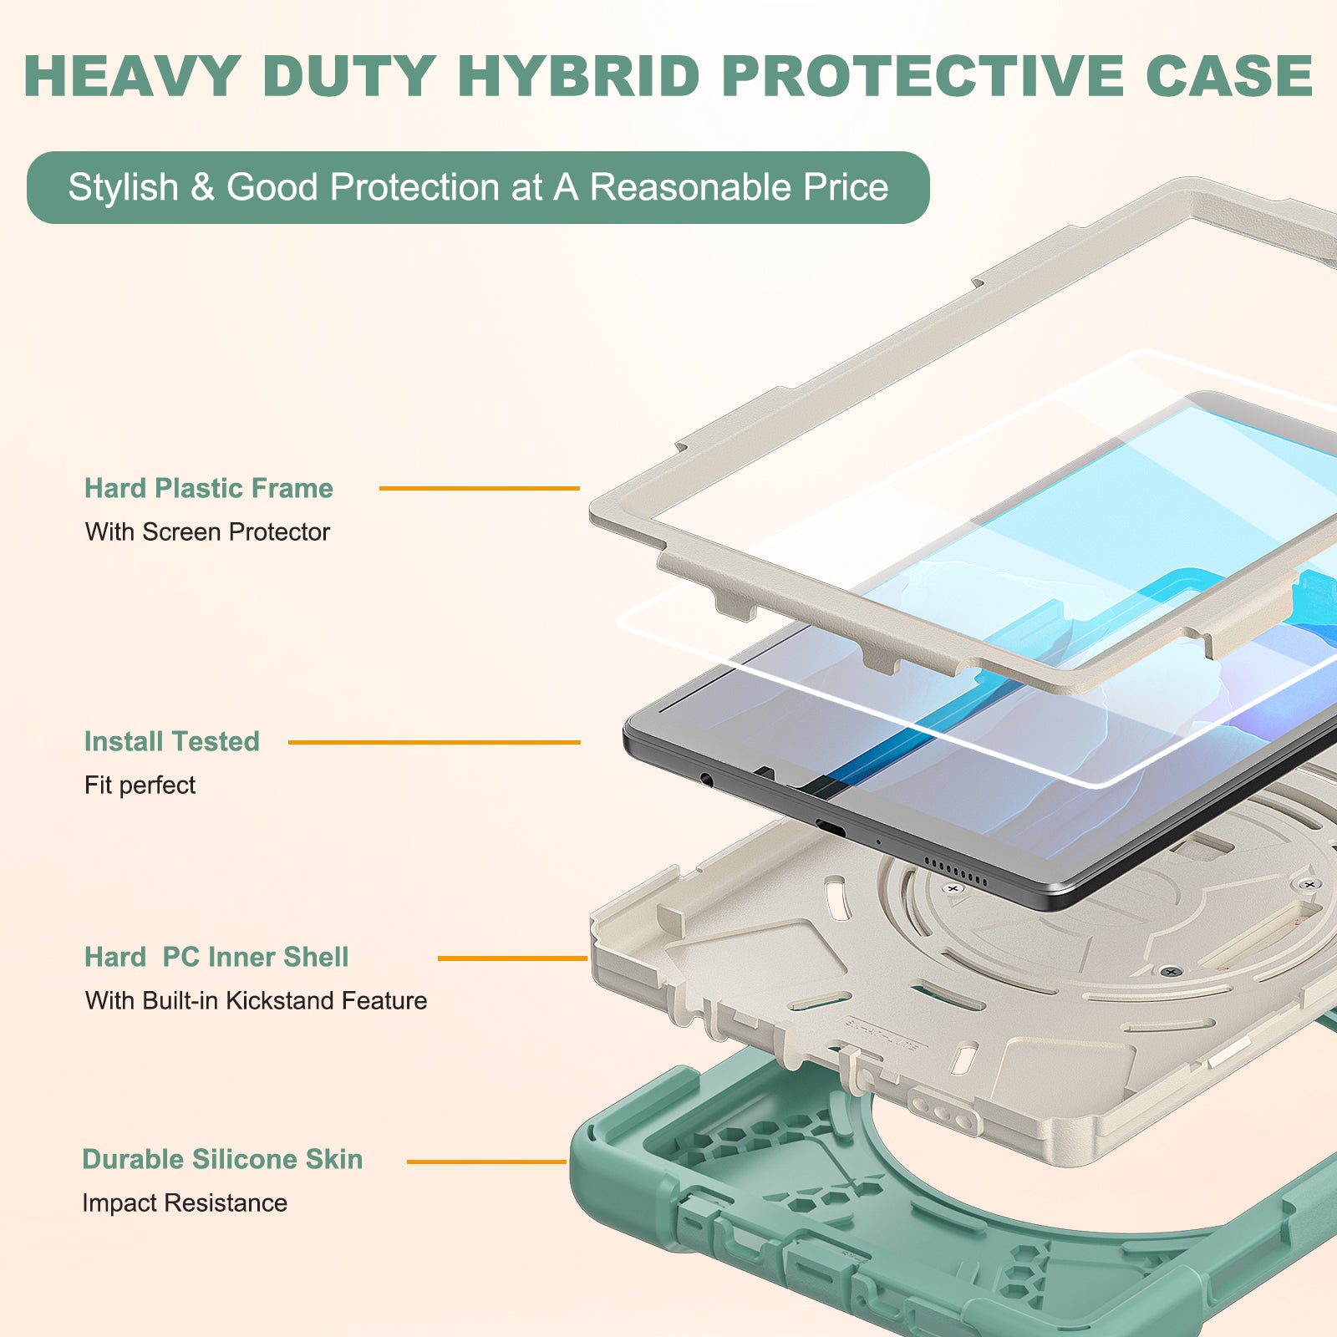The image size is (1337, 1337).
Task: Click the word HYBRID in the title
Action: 578,77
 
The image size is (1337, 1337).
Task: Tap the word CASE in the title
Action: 1229,77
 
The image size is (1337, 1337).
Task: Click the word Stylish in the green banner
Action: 123,187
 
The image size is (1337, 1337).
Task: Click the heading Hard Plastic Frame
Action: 209,488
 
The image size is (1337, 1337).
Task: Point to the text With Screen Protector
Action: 207,531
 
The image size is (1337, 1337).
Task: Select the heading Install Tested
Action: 171,741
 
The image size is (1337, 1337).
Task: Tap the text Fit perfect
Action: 140,785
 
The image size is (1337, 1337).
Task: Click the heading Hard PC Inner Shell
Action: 216,957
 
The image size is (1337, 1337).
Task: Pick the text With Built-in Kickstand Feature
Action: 256,1000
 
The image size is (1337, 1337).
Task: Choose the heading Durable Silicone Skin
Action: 222,1159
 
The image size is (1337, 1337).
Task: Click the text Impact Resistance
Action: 185,1202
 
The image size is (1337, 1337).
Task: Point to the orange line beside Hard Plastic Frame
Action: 479,488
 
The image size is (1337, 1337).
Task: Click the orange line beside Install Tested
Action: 434,742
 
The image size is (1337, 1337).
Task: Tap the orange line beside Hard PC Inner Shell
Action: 512,958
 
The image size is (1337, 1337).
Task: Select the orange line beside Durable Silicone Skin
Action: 486,1162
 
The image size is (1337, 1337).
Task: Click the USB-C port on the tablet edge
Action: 831,828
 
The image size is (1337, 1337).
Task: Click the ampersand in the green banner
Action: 202,187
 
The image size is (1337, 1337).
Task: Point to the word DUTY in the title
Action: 348,77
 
